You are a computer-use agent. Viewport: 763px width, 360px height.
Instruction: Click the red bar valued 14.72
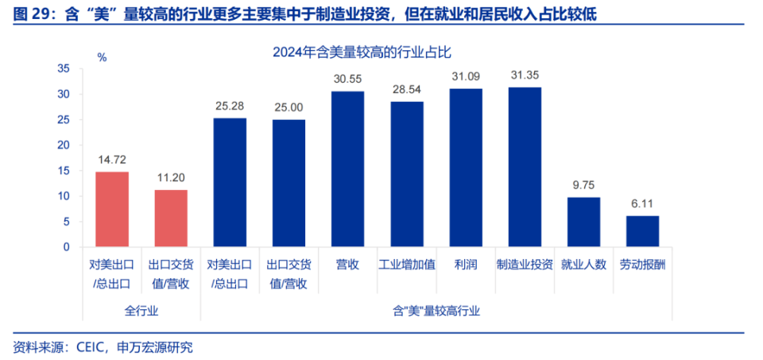(112, 209)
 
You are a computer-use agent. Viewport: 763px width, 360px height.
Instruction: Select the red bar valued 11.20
(171, 218)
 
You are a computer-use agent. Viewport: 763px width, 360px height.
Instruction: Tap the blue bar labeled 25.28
(230, 182)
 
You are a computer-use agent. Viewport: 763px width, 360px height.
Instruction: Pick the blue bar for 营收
(347, 168)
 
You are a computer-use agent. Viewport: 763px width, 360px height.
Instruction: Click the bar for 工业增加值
(406, 174)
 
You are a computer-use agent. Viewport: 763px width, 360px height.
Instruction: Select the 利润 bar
(466, 167)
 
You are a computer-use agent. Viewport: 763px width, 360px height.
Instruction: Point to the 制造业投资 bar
(525, 167)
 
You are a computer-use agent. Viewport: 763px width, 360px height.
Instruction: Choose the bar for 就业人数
(583, 222)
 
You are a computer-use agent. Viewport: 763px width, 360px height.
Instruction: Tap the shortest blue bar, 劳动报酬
(642, 231)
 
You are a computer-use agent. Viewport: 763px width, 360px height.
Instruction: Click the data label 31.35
(525, 75)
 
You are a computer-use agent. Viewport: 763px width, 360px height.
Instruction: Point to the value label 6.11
(642, 203)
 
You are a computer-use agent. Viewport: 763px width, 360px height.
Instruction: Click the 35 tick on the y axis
(64, 69)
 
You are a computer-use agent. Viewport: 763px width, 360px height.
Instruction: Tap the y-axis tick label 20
(64, 145)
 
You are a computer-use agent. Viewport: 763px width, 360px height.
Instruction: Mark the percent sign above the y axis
(102, 57)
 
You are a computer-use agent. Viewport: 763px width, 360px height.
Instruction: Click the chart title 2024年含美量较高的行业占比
(362, 52)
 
